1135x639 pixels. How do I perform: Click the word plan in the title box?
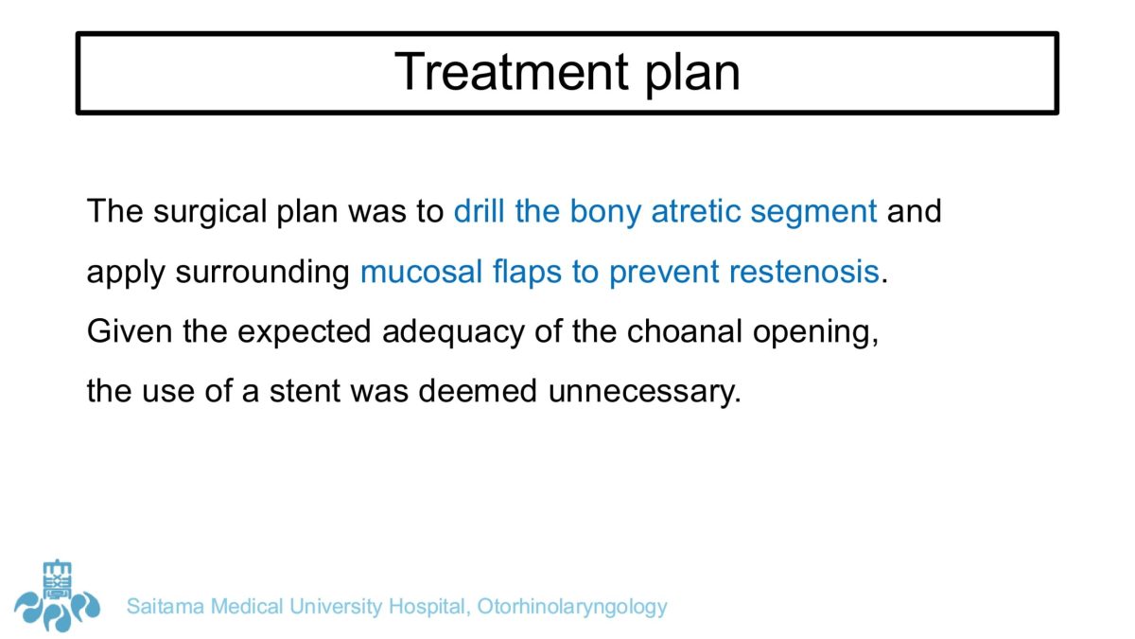pyautogui.click(x=692, y=77)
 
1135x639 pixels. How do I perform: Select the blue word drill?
pyautogui.click(x=479, y=210)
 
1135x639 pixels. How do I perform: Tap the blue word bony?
pyautogui.click(x=605, y=212)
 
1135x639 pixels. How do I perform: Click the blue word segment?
pyautogui.click(x=813, y=213)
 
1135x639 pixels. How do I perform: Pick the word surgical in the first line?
pyautogui.click(x=210, y=212)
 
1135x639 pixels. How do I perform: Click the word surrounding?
pyautogui.click(x=263, y=273)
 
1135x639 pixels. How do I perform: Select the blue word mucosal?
pyautogui.click(x=421, y=272)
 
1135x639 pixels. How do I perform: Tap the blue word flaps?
pyautogui.click(x=527, y=273)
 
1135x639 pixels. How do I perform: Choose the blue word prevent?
pyautogui.click(x=664, y=274)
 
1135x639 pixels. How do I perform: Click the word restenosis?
pyautogui.click(x=804, y=272)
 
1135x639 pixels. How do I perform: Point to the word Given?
pyautogui.click(x=130, y=331)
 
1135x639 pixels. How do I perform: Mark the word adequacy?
pyautogui.click(x=453, y=332)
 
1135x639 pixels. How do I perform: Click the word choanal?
pyautogui.click(x=685, y=331)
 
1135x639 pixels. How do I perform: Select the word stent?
pyautogui.click(x=305, y=392)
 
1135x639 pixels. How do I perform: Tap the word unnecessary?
pyautogui.click(x=644, y=393)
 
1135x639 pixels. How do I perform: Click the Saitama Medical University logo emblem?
pyautogui.click(x=58, y=596)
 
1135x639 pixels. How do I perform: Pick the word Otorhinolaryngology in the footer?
pyautogui.click(x=572, y=608)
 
